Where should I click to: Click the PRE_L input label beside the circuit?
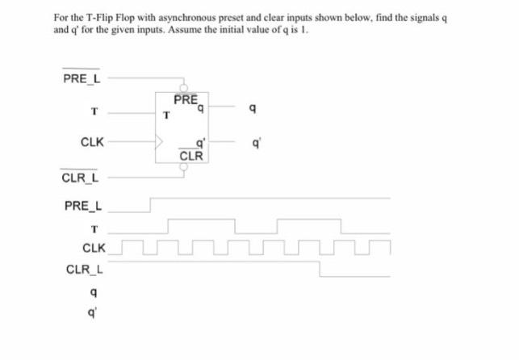[x=81, y=78]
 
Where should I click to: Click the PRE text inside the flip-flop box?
[x=185, y=100]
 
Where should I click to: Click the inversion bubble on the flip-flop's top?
[x=184, y=88]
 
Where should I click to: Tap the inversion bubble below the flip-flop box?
[x=184, y=168]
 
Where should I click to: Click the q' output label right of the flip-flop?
[x=256, y=142]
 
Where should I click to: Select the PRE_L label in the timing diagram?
[x=82, y=206]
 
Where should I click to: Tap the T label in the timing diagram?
[x=94, y=228]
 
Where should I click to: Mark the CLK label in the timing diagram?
[x=93, y=247]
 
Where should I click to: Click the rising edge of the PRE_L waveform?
[x=151, y=204]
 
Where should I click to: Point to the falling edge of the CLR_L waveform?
[x=321, y=270]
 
